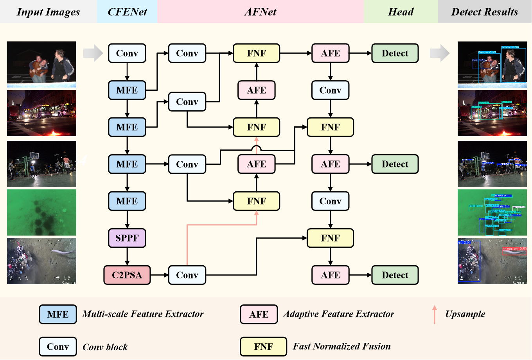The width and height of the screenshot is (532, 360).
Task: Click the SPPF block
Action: pos(127,238)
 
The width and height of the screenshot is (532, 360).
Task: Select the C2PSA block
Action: pos(127,275)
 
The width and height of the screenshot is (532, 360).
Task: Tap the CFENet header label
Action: pos(127,12)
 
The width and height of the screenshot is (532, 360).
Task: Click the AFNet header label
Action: pos(260,12)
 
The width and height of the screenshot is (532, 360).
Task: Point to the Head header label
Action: pos(401,12)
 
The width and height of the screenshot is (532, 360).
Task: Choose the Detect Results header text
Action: pos(484,12)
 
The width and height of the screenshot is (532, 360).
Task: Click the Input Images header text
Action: pos(48,12)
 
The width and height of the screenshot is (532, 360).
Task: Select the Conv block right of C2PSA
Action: pos(187,275)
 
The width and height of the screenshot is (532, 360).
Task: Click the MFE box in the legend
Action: pos(58,315)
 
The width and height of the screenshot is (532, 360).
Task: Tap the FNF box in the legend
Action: pos(263,347)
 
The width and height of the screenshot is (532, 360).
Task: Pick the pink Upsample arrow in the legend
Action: pos(434,315)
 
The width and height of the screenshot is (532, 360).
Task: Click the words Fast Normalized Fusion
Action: pos(341,346)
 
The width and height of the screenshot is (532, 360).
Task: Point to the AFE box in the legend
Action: pos(259,315)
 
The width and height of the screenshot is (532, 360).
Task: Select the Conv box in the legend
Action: pos(58,347)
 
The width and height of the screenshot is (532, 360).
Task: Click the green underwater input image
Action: pos(41,212)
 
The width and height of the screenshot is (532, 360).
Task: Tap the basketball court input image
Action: pos(41,164)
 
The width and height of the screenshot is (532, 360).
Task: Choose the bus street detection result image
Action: pos(492,113)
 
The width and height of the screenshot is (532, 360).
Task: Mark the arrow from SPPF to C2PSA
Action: pos(127,257)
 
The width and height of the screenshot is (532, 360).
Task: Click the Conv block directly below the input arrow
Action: pos(127,53)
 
